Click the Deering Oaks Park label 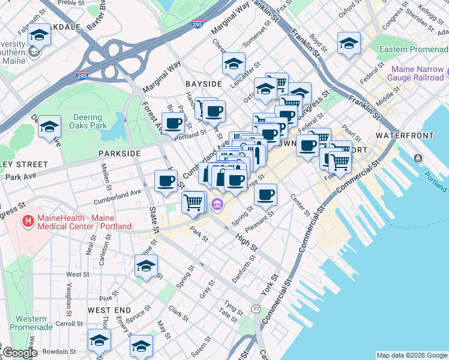(89, 122)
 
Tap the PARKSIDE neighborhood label (119, 154)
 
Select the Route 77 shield (256, 308)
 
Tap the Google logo (20, 353)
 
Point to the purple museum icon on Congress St (217, 205)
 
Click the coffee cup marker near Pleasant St (265, 194)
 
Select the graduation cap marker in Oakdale (39, 35)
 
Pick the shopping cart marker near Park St (193, 202)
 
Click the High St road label (247, 244)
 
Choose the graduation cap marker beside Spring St (146, 266)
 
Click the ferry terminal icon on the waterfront (417, 158)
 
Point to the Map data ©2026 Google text (412, 355)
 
